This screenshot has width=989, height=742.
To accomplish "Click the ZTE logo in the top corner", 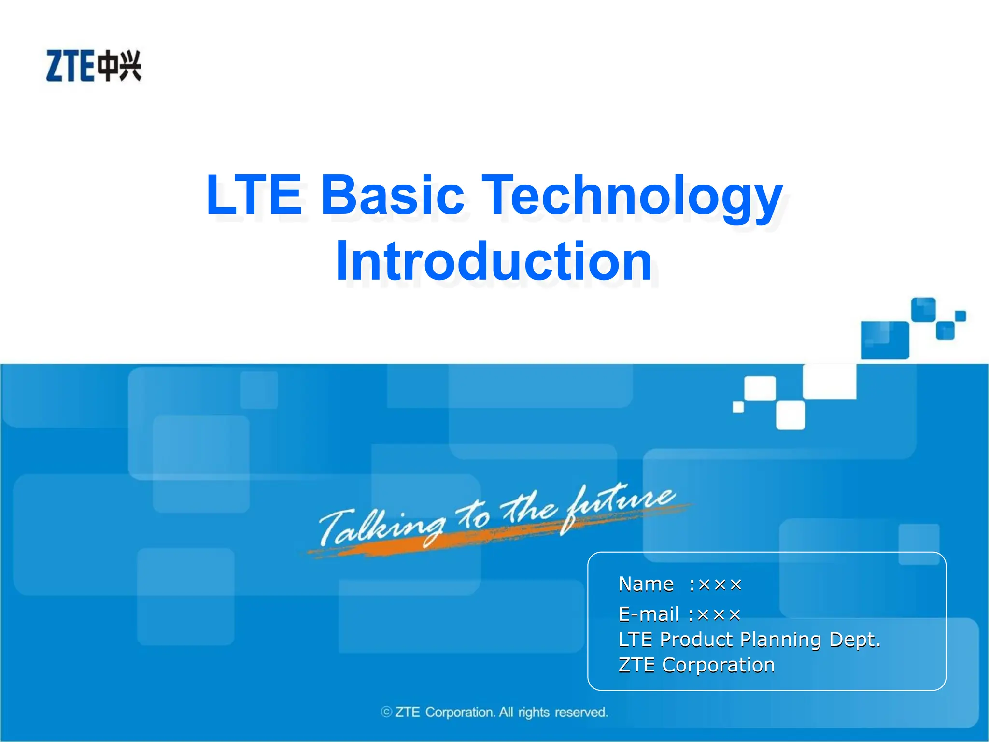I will [94, 66].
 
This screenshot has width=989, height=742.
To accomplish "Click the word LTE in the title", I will [254, 195].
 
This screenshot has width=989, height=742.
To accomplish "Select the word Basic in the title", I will [392, 195].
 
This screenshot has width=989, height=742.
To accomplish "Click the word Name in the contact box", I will [646, 584].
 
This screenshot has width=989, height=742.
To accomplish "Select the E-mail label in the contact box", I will [649, 614].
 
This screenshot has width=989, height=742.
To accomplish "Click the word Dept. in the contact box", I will [855, 640].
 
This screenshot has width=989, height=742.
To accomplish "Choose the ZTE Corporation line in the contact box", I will [696, 665].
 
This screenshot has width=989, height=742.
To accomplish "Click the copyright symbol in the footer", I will [386, 712].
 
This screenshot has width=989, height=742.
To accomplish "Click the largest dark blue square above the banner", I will [885, 340].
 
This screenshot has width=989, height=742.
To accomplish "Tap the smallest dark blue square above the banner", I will [961, 316].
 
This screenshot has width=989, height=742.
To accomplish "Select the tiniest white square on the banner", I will [738, 407].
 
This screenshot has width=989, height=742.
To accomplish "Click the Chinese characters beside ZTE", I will [119, 66].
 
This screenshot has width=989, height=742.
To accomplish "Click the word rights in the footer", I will [534, 713].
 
